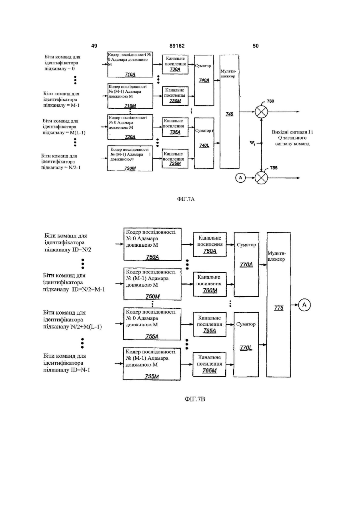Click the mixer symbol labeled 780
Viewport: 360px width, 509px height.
click(261, 112)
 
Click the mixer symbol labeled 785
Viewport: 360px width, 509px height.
click(261, 178)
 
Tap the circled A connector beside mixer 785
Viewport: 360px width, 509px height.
click(240, 178)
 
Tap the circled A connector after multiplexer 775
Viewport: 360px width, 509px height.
click(304, 305)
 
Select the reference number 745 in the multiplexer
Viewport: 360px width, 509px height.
click(229, 114)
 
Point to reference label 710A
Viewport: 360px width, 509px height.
click(130, 74)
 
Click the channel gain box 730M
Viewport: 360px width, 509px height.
click(175, 96)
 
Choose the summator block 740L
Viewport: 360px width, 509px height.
click(204, 143)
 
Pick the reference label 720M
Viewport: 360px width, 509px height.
click(130, 168)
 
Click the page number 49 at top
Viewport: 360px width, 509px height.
click(94, 46)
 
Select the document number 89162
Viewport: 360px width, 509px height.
click(177, 46)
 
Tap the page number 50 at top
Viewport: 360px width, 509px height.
click(256, 46)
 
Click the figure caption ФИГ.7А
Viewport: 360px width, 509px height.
click(186, 199)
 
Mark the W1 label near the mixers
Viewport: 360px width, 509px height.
click(252, 143)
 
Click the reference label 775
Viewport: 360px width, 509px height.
click(279, 308)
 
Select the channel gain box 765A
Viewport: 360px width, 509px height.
click(210, 324)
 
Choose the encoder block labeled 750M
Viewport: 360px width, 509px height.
click(152, 284)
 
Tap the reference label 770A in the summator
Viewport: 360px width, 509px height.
click(246, 265)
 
